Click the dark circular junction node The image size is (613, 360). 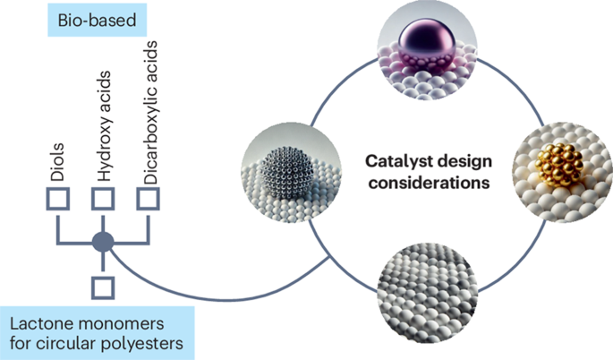[x=103, y=241]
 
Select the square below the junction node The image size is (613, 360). [x=103, y=287]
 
